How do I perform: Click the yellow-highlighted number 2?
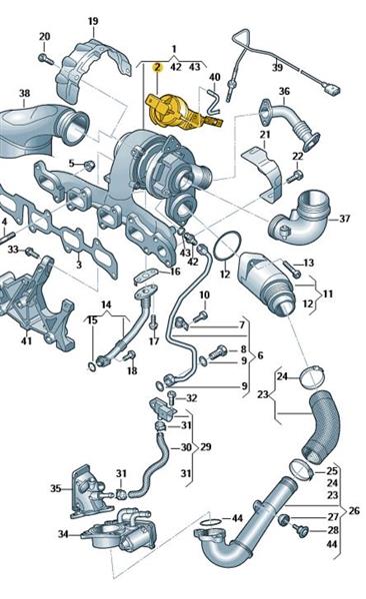pyautogui.click(x=157, y=68)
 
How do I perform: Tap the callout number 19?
pyautogui.click(x=93, y=21)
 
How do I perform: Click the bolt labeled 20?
pyautogui.click(x=46, y=59)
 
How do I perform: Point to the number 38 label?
pyautogui.click(x=24, y=93)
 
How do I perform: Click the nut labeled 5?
pyautogui.click(x=89, y=166)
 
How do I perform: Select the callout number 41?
pyautogui.click(x=26, y=340)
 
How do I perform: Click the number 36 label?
pyautogui.click(x=284, y=91)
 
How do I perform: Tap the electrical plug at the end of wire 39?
pyautogui.click(x=332, y=90)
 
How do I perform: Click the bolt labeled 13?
pyautogui.click(x=291, y=269)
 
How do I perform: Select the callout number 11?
pyautogui.click(x=328, y=295)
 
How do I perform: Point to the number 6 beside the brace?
pyautogui.click(x=261, y=355)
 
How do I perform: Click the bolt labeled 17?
pyautogui.click(x=154, y=322)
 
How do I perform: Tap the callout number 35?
pyautogui.click(x=56, y=488)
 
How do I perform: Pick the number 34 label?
pyautogui.click(x=63, y=534)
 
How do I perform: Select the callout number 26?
pyautogui.click(x=354, y=510)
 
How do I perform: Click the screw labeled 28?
pyautogui.click(x=300, y=529)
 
